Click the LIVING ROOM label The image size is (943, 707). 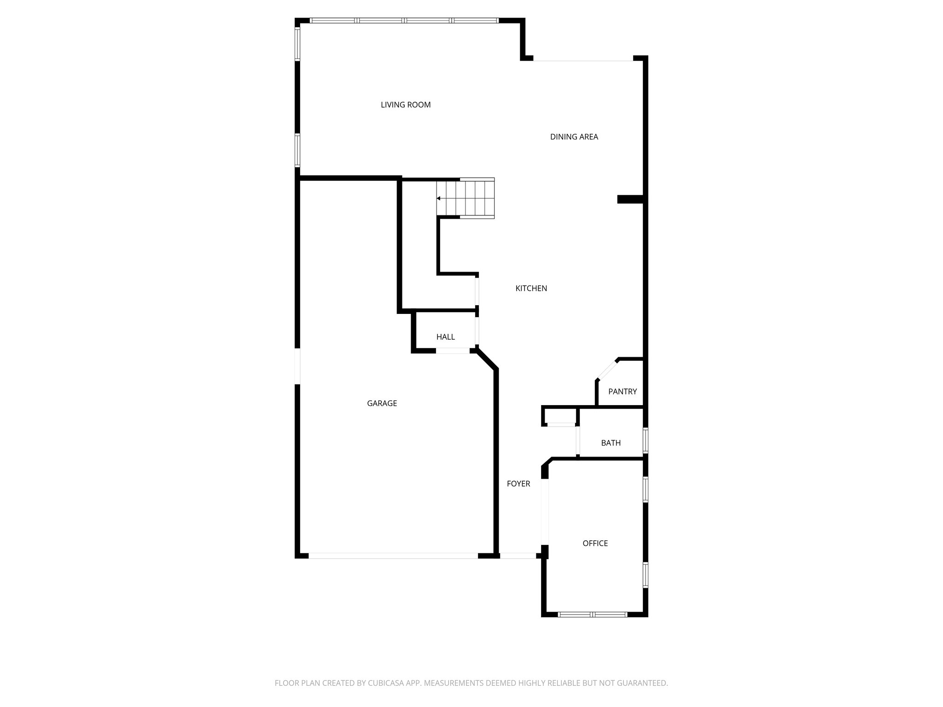point(406,105)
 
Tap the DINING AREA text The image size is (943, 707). point(574,137)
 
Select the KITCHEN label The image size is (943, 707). point(531,289)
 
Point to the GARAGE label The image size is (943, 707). point(382,403)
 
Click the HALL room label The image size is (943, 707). point(445,337)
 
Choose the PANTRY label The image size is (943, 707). point(622,392)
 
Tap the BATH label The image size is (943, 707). point(611,443)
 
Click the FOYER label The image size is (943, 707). point(518,484)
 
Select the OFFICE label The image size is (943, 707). point(595,544)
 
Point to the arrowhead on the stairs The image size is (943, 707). point(439,198)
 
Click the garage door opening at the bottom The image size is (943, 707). point(393,556)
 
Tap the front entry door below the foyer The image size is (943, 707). point(518,556)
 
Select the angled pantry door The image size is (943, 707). point(607,369)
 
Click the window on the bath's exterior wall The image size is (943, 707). point(645,440)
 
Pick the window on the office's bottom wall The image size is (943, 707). point(592,614)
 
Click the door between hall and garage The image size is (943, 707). point(452,351)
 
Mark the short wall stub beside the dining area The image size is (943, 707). point(629,199)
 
